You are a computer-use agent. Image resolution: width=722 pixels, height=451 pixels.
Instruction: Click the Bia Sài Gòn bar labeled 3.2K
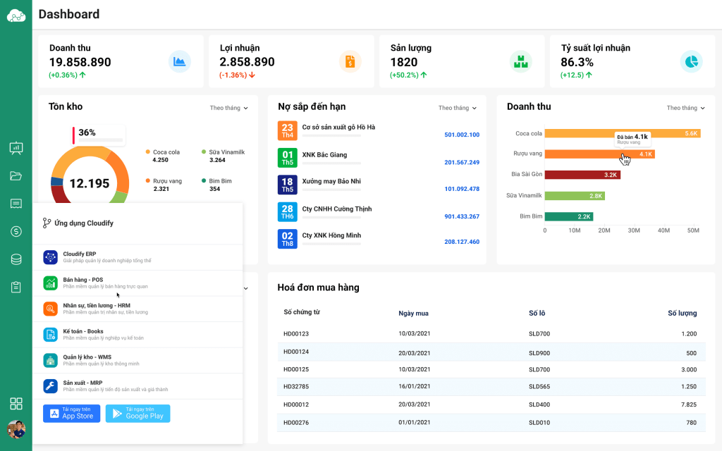point(582,174)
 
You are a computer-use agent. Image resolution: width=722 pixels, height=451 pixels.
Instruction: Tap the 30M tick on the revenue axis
point(634,230)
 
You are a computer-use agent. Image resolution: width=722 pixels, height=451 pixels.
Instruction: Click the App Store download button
point(71,414)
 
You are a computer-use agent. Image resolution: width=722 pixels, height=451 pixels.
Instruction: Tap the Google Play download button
point(137,414)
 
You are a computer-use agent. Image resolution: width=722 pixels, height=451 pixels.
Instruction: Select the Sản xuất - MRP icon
point(50,385)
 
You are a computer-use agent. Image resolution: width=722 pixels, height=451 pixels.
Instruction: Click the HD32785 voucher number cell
point(296,386)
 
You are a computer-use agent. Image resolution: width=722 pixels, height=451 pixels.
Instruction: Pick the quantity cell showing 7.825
point(689,404)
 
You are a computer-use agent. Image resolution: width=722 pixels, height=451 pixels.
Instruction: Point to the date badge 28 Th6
point(288,212)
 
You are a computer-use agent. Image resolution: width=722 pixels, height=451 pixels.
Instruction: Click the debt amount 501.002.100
point(462,135)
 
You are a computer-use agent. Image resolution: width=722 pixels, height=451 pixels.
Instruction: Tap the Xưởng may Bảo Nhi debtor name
point(331,181)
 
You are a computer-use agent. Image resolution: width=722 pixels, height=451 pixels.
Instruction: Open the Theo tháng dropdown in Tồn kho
point(228,108)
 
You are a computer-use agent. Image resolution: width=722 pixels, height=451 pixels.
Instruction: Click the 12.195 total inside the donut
point(90,183)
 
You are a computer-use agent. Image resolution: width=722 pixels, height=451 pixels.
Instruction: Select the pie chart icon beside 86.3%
point(691,61)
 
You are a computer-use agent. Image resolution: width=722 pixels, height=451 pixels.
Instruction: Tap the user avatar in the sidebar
point(16,429)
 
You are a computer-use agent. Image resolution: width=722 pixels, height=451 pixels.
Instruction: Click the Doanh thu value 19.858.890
point(80,62)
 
